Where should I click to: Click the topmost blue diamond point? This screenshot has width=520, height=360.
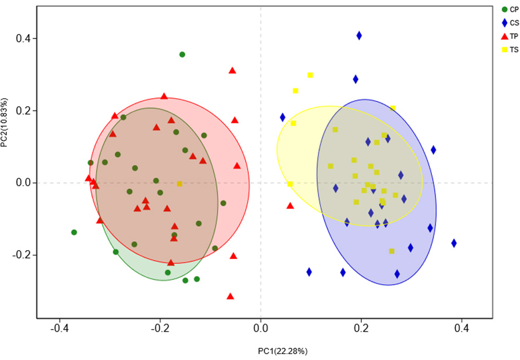click(359, 36)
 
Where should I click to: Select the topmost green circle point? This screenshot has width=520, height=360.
click(182, 55)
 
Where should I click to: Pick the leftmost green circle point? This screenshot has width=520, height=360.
click(74, 232)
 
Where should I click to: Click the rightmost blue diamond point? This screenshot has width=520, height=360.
click(454, 243)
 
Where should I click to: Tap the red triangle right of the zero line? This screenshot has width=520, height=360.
click(290, 205)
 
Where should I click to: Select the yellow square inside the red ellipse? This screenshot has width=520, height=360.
click(179, 184)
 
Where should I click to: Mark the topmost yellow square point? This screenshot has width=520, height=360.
click(310, 75)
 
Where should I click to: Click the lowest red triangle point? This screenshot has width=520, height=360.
click(230, 296)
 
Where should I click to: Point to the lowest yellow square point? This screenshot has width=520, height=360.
click(392, 251)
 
